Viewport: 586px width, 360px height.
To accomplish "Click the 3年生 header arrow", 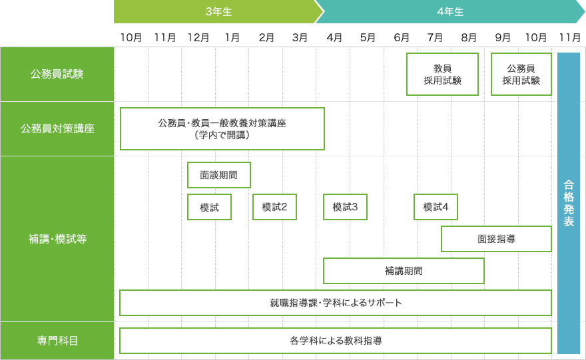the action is [218, 11].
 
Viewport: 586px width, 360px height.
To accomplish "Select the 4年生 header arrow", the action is [450, 11].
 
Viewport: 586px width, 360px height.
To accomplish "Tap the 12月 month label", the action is [198, 38].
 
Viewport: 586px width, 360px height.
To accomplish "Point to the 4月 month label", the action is [334, 38].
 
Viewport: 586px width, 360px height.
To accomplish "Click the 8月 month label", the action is [469, 38].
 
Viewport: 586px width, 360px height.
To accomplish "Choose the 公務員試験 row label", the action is [57, 74].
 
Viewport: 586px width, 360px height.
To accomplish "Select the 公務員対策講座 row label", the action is [57, 129].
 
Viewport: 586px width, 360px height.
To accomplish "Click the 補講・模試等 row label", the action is [57, 239].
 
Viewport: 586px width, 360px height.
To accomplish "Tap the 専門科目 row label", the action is [57, 341].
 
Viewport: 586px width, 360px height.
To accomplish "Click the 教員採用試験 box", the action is [442, 74].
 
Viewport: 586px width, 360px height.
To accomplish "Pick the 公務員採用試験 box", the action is [521, 74].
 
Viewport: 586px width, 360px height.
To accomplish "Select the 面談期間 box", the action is [219, 175].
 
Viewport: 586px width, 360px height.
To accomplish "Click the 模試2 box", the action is [274, 207].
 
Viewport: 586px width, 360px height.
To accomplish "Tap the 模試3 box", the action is [346, 207].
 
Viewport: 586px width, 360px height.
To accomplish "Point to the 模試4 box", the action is [436, 207].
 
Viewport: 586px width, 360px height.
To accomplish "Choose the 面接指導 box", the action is [496, 239].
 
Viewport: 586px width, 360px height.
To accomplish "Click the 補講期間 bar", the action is [404, 271].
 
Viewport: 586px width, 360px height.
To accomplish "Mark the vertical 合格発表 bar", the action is [569, 203].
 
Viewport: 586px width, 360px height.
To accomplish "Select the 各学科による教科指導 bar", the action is [336, 341].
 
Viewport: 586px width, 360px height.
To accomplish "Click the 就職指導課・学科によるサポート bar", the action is [336, 303].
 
